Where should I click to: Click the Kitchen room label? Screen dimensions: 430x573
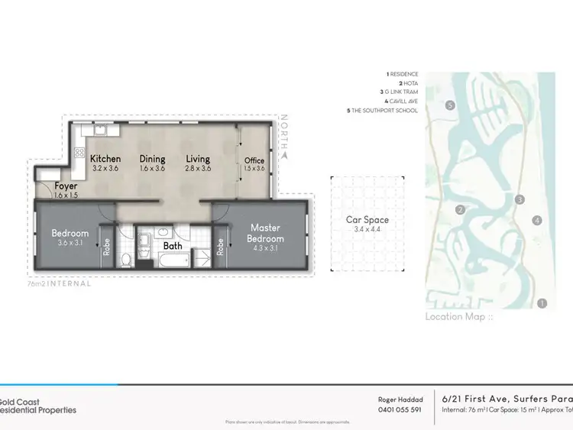point(105,159)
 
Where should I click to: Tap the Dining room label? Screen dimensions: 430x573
point(152,159)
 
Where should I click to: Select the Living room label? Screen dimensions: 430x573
point(198,159)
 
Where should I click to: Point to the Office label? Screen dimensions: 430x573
point(254,161)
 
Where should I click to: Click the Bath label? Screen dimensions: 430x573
point(173,246)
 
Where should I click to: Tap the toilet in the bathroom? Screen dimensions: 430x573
point(127,259)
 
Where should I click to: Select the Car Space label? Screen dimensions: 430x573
point(367,220)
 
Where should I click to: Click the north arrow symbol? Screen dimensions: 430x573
point(284,154)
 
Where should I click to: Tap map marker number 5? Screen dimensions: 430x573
point(451,105)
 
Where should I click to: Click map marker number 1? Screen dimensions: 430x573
point(542,303)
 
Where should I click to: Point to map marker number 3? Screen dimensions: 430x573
point(520,199)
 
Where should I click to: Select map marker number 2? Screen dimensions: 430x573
point(460,210)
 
